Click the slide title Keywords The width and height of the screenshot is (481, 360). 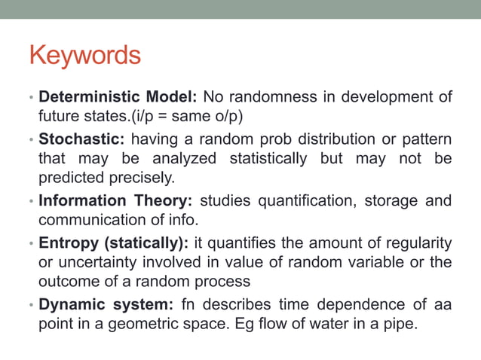pyautogui.click(x=84, y=55)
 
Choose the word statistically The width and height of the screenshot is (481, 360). pyautogui.click(x=267, y=158)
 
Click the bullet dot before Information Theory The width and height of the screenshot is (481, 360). pyautogui.click(x=31, y=201)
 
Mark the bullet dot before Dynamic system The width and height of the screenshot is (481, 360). pyautogui.click(x=31, y=304)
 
